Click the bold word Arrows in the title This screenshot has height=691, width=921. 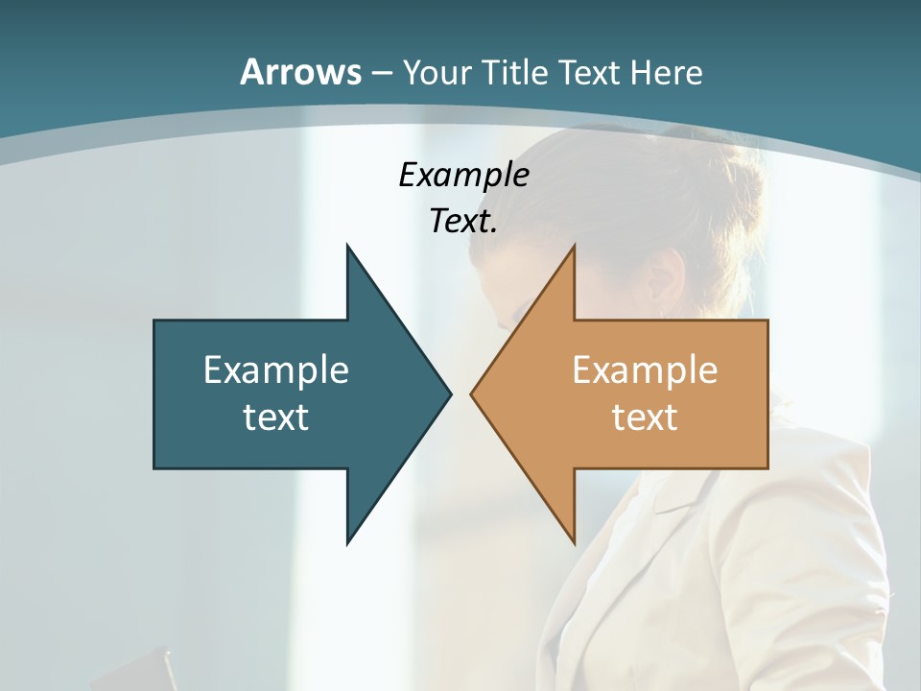click(300, 72)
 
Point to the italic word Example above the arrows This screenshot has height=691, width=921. click(463, 176)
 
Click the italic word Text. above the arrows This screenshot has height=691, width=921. click(463, 222)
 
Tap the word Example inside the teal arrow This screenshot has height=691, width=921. click(276, 369)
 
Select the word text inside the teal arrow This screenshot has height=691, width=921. click(276, 417)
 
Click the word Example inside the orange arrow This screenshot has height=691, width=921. click(645, 369)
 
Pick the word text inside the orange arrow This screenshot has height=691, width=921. click(645, 417)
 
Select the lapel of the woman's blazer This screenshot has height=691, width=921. click(662, 537)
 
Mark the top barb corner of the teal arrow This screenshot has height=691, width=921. click(348, 248)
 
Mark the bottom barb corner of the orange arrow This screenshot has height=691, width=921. click(574, 542)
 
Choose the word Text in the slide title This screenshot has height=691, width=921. click(590, 72)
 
